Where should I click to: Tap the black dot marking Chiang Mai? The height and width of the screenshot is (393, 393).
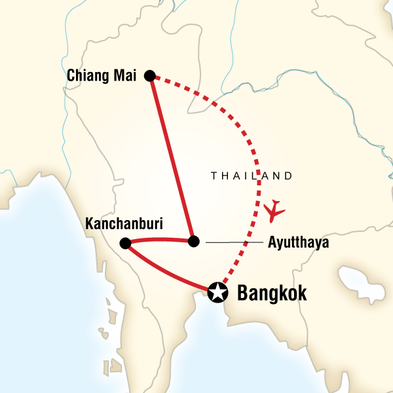[150, 76]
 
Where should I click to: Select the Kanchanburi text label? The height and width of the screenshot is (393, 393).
[124, 224]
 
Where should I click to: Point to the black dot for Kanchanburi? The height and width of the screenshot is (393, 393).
[125, 244]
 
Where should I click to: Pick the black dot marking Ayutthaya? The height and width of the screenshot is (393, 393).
[193, 241]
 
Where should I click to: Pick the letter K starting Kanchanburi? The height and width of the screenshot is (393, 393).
[89, 224]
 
